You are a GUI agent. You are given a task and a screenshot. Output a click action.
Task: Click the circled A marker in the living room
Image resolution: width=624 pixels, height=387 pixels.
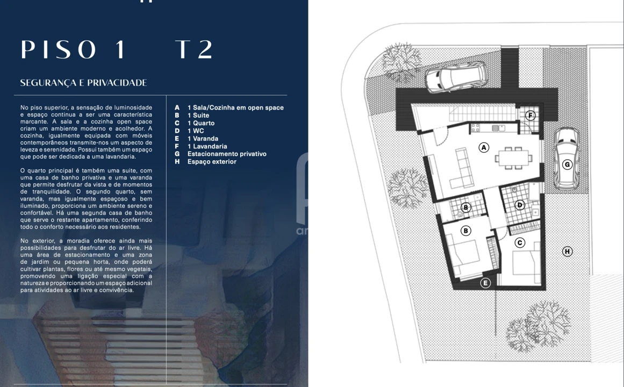pos(484,147)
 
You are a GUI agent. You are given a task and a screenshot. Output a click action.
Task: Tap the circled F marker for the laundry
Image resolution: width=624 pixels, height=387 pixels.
pos(530,115)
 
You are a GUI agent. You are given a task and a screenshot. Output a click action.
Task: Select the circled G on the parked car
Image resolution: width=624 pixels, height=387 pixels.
pos(567,164)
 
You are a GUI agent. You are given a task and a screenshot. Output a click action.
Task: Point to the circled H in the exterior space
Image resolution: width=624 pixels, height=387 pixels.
pos(567,251)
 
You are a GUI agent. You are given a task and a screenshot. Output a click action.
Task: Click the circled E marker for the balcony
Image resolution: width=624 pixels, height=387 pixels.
pos(485,283)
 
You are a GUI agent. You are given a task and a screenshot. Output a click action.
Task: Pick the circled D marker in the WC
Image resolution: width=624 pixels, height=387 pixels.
pos(520,204)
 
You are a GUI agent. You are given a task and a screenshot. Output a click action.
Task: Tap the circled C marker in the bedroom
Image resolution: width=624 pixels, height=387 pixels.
pos(520,242)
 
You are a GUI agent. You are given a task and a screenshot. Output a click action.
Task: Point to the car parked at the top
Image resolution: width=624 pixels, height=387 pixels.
pos(456,77)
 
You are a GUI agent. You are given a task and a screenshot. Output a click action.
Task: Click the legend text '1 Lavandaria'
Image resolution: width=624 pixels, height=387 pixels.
pos(207,146)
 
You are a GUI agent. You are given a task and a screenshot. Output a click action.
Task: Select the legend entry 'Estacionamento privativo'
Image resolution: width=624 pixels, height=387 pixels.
pos(226,154)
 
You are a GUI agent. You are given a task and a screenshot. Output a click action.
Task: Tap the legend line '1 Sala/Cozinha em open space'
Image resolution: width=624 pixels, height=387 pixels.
pos(235,107)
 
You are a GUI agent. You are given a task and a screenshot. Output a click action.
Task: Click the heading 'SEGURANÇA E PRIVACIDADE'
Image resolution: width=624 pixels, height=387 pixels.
pos(83,83)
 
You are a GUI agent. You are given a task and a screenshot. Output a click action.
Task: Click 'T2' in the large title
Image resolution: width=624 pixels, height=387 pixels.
pos(194,49)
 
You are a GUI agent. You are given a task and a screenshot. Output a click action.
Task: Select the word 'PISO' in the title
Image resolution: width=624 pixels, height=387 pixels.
pos(59,49)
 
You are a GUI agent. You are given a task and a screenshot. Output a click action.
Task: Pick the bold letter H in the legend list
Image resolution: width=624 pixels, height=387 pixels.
pos(177,161)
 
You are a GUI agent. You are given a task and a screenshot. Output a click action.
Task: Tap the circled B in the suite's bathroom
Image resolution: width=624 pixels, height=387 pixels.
pos(466,207)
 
